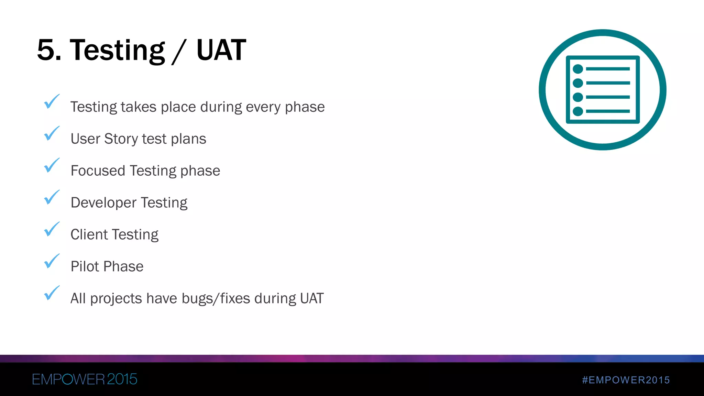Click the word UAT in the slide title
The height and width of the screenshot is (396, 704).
(x=221, y=50)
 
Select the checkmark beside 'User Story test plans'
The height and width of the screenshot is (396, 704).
(x=52, y=134)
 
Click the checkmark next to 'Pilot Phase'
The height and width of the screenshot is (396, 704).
(x=52, y=261)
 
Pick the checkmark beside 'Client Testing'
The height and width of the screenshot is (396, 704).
(x=52, y=229)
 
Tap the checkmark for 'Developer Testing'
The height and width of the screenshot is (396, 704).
(x=52, y=198)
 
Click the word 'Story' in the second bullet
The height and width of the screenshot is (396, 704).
(x=121, y=139)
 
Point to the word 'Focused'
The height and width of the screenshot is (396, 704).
(x=98, y=171)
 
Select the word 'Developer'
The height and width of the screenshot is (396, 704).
(x=103, y=203)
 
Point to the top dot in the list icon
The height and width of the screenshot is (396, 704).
(x=578, y=69)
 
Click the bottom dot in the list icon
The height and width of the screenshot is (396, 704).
(x=578, y=111)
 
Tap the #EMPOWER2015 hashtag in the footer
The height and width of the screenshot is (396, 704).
(x=626, y=380)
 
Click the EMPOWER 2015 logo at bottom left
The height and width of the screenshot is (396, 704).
(x=85, y=379)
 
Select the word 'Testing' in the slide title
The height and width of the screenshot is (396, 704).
(x=117, y=50)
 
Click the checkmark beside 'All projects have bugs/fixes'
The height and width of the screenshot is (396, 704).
(x=52, y=293)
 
